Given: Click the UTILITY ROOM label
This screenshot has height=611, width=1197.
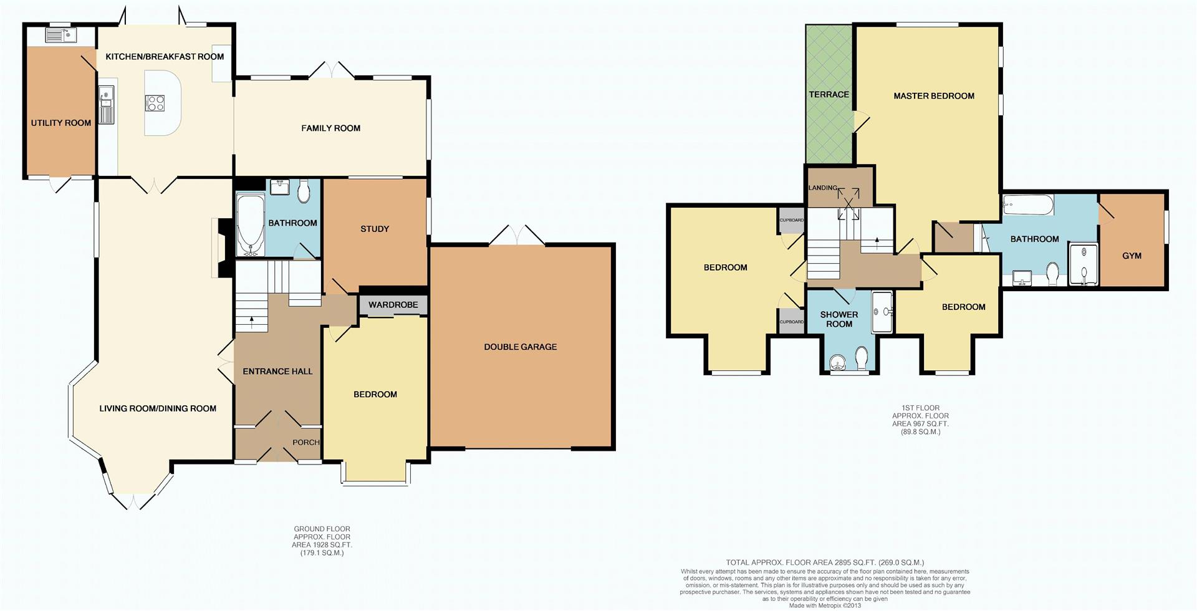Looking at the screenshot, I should click(x=61, y=123).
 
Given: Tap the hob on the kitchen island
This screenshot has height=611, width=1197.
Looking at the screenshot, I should click(x=155, y=103).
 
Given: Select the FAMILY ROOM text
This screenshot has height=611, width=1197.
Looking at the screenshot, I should click(x=330, y=128).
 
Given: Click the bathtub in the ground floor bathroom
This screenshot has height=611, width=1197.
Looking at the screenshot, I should click(x=251, y=225).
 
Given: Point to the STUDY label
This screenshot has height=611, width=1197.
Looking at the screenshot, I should click(x=375, y=229).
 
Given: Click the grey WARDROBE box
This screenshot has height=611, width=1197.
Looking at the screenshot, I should click(x=393, y=305).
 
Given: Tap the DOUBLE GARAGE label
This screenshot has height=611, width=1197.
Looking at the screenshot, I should click(x=520, y=347).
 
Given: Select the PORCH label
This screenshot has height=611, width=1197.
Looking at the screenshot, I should click(x=305, y=442).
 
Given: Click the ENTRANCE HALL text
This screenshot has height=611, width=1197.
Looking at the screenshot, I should click(x=277, y=372).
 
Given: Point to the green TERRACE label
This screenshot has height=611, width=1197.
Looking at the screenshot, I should click(x=829, y=95).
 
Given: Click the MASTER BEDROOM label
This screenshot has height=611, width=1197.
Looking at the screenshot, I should click(x=933, y=96).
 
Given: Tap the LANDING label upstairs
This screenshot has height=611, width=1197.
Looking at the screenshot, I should click(x=822, y=188).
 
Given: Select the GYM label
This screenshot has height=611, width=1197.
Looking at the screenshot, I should click(x=1132, y=256).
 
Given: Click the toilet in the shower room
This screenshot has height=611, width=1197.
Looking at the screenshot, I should click(x=862, y=358).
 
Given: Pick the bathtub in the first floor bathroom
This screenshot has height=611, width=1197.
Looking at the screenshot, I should click(x=1027, y=204).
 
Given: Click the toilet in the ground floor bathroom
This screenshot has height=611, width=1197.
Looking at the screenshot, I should click(x=304, y=191).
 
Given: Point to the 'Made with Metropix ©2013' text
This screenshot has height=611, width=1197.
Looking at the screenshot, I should click(x=824, y=605).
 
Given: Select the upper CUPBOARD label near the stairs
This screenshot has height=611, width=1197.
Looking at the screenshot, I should click(x=792, y=220).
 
